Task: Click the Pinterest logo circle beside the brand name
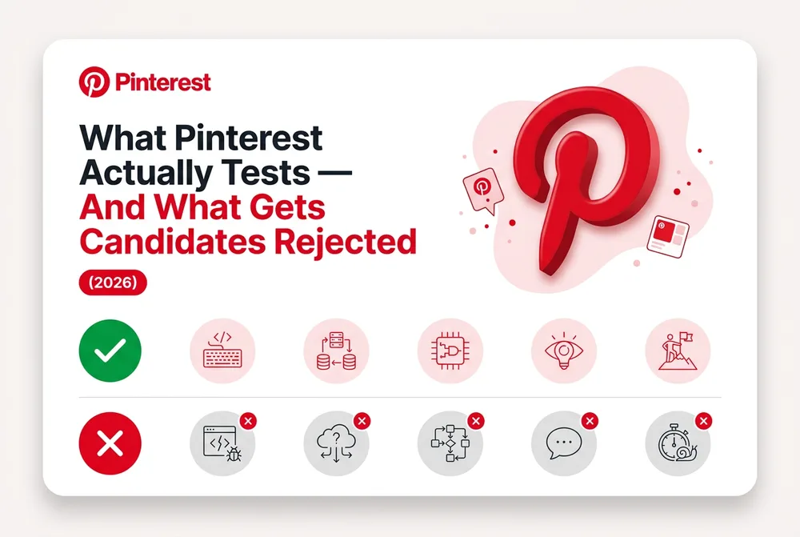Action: pos(94,82)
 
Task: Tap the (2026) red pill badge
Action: pos(113,283)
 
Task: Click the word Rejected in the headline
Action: pos(346,242)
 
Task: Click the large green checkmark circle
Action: pos(110,351)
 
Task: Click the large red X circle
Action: pos(110,443)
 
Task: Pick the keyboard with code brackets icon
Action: pos(222,351)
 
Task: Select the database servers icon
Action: pos(336,351)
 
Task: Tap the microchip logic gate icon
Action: pos(450,351)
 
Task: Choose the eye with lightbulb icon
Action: pos(564,351)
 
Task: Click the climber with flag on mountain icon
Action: pos(678,351)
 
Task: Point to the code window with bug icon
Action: pos(222,443)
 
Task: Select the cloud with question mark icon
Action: pos(336,443)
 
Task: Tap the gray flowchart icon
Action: pos(450,443)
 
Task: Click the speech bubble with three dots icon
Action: pos(564,443)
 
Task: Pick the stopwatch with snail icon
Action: pos(678,443)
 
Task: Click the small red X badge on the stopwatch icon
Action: pos(703,421)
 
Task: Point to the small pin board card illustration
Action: pos(668,236)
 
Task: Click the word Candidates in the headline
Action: pos(173,242)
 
